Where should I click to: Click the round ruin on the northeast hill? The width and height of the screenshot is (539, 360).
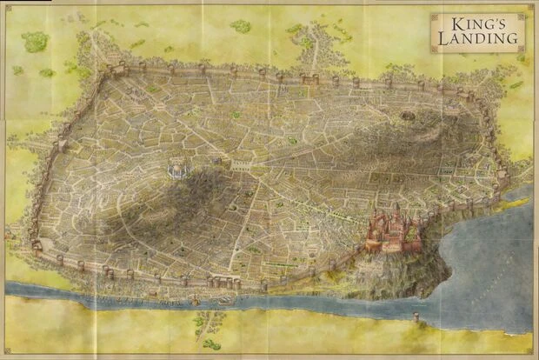click(x=408, y=113)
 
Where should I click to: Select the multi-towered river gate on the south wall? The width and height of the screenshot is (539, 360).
click(x=223, y=282)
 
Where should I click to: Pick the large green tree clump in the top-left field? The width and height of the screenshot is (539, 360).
click(x=35, y=41)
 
